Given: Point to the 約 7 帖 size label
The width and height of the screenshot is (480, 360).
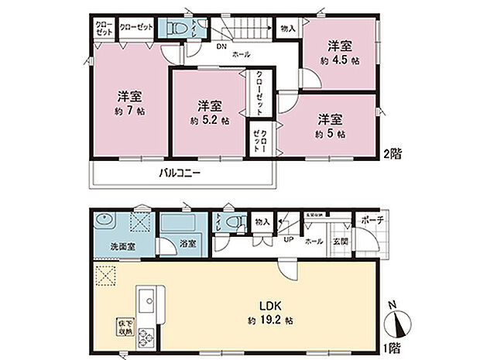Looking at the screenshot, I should [x=130, y=111].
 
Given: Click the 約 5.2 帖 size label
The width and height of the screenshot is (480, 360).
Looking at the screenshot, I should [x=209, y=121].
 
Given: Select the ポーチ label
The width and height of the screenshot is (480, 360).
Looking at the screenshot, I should [x=371, y=220].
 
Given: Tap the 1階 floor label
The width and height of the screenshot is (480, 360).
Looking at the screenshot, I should [x=392, y=348].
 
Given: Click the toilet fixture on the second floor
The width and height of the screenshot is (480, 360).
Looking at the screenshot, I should [x=176, y=29].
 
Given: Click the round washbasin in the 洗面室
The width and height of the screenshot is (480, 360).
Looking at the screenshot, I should [x=106, y=221].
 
